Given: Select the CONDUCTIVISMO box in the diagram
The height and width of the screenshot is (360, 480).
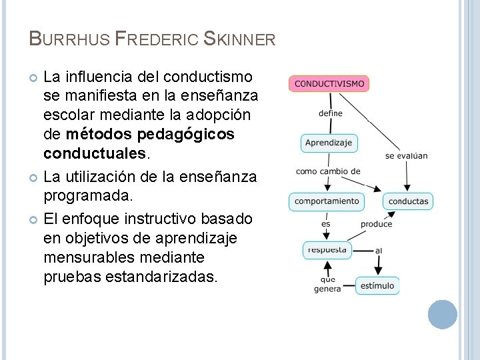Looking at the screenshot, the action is coord(329,84).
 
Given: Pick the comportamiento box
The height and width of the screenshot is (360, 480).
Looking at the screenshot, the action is coord(327,201).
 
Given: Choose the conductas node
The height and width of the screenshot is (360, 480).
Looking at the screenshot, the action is coord(408,201).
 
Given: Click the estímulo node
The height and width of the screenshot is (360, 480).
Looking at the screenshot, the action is coord(377,285).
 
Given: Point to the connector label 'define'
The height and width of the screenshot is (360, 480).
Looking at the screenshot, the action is coord(331,113).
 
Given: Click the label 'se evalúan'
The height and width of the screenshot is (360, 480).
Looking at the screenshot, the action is coord(407,156).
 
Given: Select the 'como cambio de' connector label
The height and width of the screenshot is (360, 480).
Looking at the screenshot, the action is coord(328,171).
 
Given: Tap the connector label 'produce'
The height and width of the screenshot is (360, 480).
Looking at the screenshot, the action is coord(376,224).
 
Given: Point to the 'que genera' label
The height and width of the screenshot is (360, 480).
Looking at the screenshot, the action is coord(327,284).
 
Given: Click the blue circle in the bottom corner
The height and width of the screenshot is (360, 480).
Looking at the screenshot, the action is coord(442,314).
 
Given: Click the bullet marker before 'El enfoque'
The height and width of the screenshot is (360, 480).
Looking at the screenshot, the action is coord(34,219).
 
